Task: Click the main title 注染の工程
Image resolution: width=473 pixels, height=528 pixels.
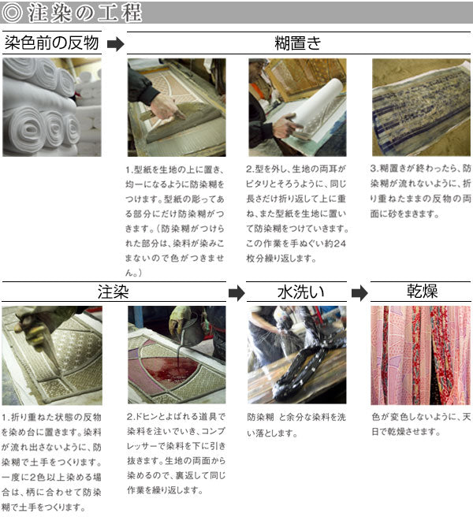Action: point(84,13)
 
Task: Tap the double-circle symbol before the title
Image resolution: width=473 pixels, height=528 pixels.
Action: point(12,13)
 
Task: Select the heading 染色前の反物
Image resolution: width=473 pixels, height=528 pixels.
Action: point(51,43)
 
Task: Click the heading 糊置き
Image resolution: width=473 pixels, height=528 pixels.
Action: point(298,43)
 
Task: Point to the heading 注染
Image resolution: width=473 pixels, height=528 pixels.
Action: point(114,292)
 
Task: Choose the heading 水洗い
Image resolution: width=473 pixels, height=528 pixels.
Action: point(301,292)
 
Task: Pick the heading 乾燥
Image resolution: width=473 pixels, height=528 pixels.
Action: point(422,291)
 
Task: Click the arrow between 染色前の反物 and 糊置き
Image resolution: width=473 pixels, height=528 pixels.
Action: point(116,44)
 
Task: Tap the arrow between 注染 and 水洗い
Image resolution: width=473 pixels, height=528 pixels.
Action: point(236,293)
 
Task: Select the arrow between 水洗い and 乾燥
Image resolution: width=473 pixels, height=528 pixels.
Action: point(359,293)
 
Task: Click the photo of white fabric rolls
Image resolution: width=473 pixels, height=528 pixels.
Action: point(52,107)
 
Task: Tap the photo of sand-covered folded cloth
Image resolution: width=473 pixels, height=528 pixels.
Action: point(421,107)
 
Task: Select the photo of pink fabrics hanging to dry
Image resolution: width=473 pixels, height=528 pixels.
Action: point(420,355)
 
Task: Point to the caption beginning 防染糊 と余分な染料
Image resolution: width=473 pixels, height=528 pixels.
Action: point(296,425)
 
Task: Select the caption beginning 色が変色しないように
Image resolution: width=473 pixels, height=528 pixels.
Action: point(421,424)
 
